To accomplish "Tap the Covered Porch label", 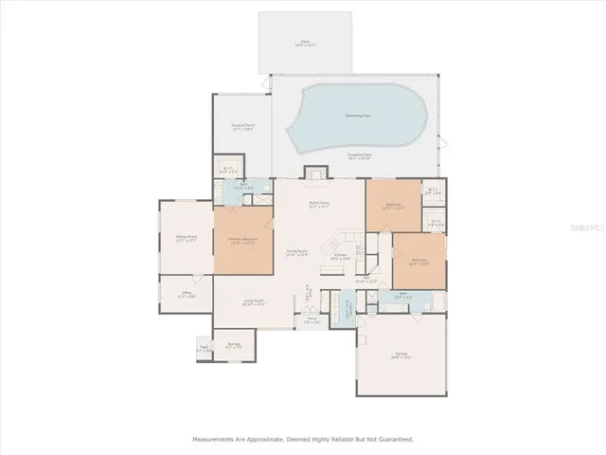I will (242, 127).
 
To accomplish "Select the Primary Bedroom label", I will (243, 241).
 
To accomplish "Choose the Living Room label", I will (252, 302).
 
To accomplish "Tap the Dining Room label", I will (298, 252).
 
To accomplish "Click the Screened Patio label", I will (385, 155).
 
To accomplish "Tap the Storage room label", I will (233, 345).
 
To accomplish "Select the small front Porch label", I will (312, 320).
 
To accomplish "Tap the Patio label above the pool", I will (306, 43).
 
